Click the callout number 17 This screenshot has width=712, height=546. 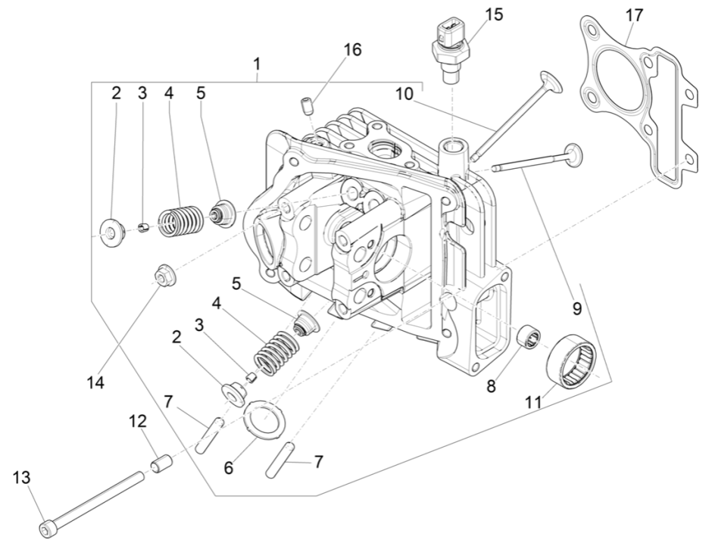(x=633, y=14)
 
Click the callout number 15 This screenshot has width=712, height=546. (x=493, y=14)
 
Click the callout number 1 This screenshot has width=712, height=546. (x=258, y=64)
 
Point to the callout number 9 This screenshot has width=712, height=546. (x=577, y=308)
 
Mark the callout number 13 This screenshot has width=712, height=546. (x=20, y=478)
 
